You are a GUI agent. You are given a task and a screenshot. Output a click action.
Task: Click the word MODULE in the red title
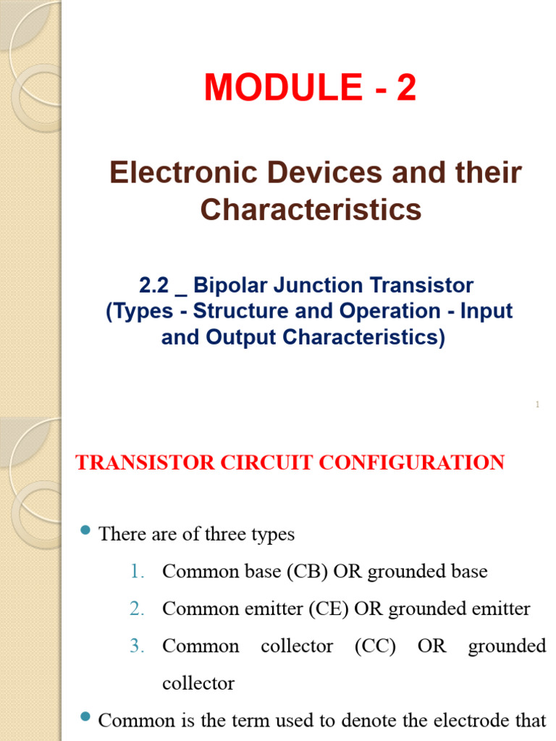click(283, 89)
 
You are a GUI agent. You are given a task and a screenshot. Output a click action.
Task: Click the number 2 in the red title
click(406, 89)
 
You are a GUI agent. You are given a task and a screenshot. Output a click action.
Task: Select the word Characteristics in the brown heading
click(311, 210)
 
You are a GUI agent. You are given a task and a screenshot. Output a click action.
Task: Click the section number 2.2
click(154, 286)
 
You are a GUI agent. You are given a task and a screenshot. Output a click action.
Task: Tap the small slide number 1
click(538, 405)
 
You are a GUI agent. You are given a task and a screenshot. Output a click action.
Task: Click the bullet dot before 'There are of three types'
click(84, 533)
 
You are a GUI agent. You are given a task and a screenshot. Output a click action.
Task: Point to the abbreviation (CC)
click(375, 646)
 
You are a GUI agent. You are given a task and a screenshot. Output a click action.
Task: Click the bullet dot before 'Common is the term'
click(84, 718)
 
